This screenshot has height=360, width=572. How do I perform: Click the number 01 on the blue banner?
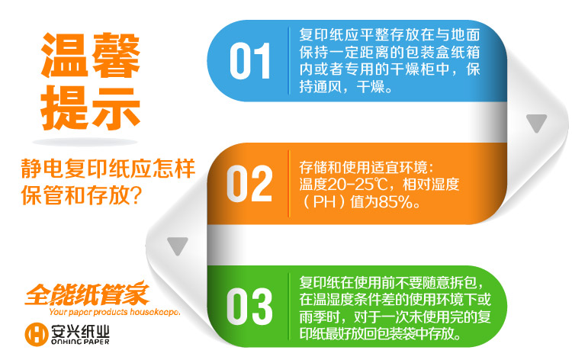coord(250,61)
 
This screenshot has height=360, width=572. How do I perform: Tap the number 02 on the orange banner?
coord(249,184)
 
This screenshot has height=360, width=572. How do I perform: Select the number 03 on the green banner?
coord(249,307)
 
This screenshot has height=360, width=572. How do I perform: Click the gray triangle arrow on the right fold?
coord(536,123)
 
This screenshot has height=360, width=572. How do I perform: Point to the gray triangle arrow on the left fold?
coord(178,246)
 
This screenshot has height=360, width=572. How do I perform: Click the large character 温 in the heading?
coord(65,55)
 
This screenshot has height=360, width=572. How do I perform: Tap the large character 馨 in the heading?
coord(116,55)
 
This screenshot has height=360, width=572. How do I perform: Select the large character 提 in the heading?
coord(65,108)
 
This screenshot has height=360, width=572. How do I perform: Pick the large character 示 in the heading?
coord(116,108)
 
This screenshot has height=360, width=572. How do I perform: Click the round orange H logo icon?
coord(37,334)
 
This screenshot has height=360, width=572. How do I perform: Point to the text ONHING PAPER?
coord(80,342)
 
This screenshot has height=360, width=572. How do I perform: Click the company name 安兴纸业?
coord(80,330)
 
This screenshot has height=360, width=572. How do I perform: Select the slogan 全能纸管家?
coord(88,293)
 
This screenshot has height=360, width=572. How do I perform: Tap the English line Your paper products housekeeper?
coord(114,312)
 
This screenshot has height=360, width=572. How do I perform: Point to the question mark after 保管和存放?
coord(135,195)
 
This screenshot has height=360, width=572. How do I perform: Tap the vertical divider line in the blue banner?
coord(289,61)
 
